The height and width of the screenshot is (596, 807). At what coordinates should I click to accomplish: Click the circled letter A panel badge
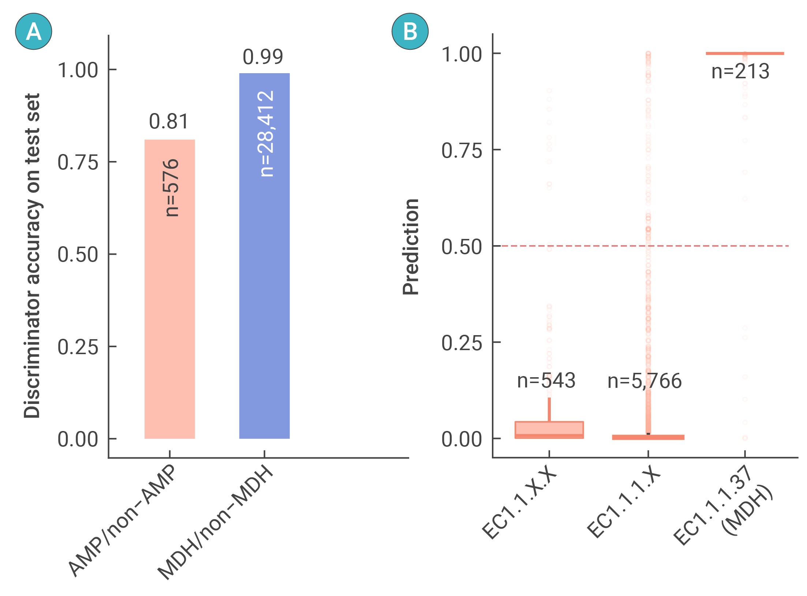[34, 31]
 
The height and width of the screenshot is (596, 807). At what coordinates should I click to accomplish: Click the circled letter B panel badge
[410, 31]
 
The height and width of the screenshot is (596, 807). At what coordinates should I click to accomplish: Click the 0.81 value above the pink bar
[169, 121]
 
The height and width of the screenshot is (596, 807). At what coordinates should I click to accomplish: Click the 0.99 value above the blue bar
[263, 57]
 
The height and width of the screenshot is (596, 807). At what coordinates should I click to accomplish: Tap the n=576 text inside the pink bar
[171, 188]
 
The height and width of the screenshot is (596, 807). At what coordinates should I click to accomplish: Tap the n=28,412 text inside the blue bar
[265, 134]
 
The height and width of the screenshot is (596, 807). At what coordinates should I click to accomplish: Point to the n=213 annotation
[740, 71]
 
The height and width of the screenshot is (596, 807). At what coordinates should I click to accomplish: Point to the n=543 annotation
[546, 381]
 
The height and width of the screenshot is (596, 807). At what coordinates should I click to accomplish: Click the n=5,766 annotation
[645, 381]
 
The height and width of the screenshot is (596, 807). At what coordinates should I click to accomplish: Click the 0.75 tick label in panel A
[78, 162]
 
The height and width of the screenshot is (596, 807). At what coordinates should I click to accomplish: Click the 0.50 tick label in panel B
[462, 247]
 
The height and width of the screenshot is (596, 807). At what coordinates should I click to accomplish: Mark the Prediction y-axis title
[411, 247]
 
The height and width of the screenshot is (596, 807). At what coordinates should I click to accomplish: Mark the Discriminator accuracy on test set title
[32, 256]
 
